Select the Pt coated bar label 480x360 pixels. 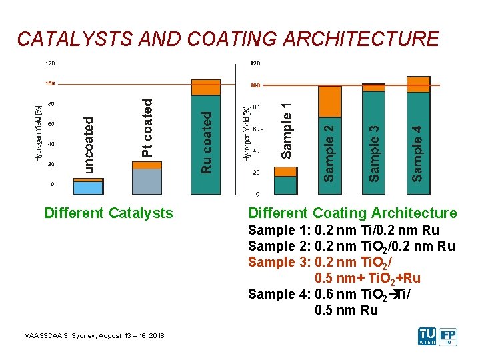[147, 128]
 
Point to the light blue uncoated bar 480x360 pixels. [88, 187]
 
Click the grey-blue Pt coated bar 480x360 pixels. [147, 181]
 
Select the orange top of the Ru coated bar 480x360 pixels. [206, 87]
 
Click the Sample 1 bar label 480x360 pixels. [287, 131]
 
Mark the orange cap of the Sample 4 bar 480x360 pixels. [418, 85]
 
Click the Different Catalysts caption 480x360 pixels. [108, 213]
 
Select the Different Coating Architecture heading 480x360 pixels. [353, 213]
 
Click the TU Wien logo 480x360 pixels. [427, 336]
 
